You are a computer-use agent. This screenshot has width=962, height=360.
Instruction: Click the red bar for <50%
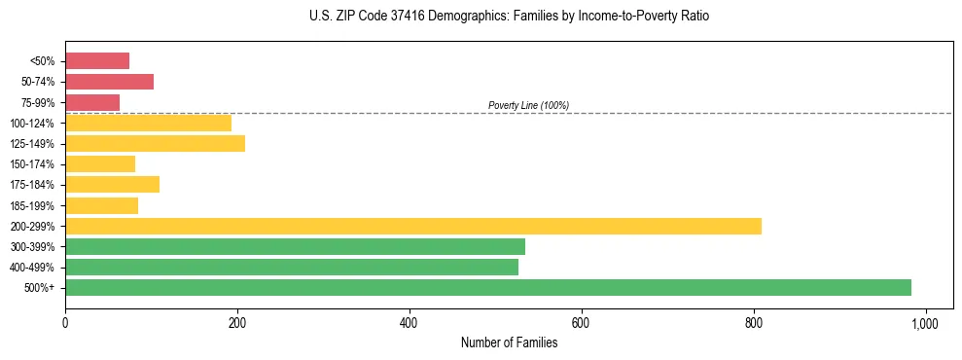(x=97, y=61)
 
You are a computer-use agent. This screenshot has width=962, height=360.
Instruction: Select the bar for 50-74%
(x=109, y=82)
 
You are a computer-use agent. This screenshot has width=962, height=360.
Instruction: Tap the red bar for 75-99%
(x=92, y=102)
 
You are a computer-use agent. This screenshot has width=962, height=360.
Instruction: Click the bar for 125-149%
(x=155, y=144)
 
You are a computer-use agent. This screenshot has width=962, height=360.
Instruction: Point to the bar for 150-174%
(x=100, y=164)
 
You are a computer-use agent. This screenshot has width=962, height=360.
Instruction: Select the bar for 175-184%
(x=112, y=185)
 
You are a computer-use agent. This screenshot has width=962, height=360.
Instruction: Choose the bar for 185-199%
(x=101, y=205)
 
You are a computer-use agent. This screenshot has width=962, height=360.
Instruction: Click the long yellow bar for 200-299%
(x=413, y=226)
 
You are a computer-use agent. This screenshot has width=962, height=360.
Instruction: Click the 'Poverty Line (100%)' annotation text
(x=528, y=105)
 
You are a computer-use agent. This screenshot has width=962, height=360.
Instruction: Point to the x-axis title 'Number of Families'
(x=509, y=342)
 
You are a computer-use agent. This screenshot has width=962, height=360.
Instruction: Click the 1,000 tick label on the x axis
(x=925, y=323)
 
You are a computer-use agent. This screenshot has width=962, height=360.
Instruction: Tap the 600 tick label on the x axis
(x=581, y=323)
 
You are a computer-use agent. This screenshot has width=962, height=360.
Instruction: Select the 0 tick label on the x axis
(x=65, y=323)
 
